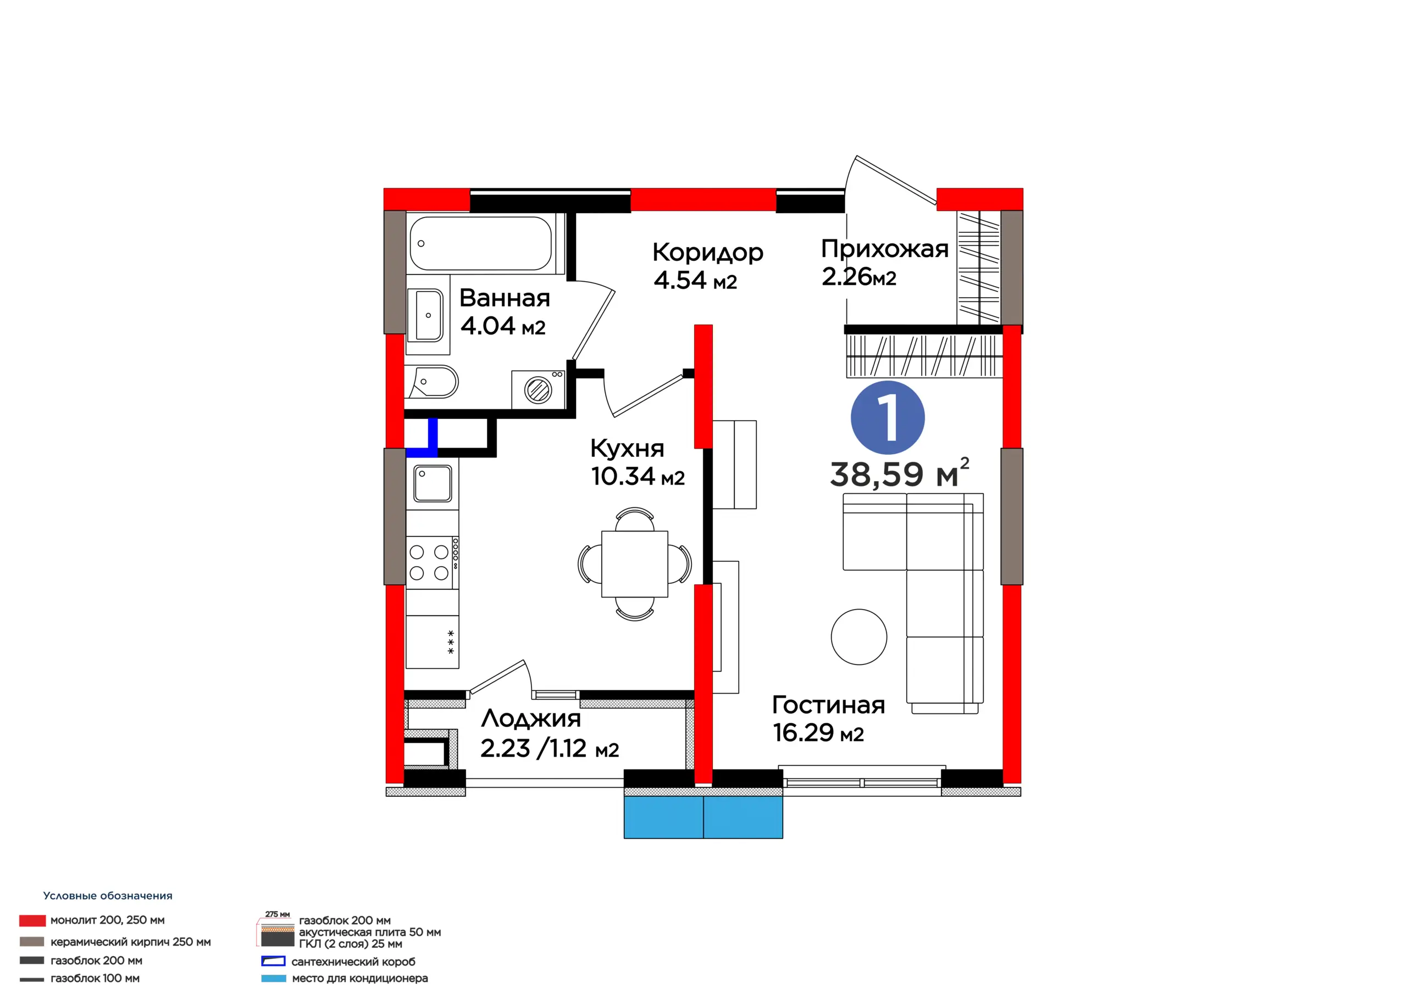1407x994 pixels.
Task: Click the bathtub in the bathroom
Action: click(x=481, y=243)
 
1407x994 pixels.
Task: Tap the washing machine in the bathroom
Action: click(x=539, y=389)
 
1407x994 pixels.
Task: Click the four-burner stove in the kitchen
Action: click(x=432, y=562)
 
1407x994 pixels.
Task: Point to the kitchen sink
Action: click(x=433, y=483)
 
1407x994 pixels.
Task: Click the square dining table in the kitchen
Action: click(x=634, y=563)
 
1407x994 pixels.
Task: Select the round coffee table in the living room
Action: click(x=858, y=637)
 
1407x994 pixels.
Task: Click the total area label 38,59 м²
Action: click(x=899, y=473)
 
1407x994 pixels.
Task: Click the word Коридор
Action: click(x=708, y=252)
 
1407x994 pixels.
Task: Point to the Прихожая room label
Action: click(x=884, y=249)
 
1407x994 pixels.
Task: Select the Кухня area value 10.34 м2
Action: click(x=638, y=476)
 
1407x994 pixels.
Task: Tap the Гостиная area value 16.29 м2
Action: click(x=818, y=733)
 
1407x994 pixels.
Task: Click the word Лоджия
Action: click(x=531, y=719)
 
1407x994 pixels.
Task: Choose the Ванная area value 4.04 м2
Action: click(x=502, y=326)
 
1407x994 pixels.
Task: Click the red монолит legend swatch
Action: click(x=32, y=920)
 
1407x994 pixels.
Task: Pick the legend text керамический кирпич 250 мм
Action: click(x=130, y=941)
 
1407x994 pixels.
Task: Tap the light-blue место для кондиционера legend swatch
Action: click(x=273, y=978)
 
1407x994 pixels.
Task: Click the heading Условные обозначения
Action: click(x=108, y=895)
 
